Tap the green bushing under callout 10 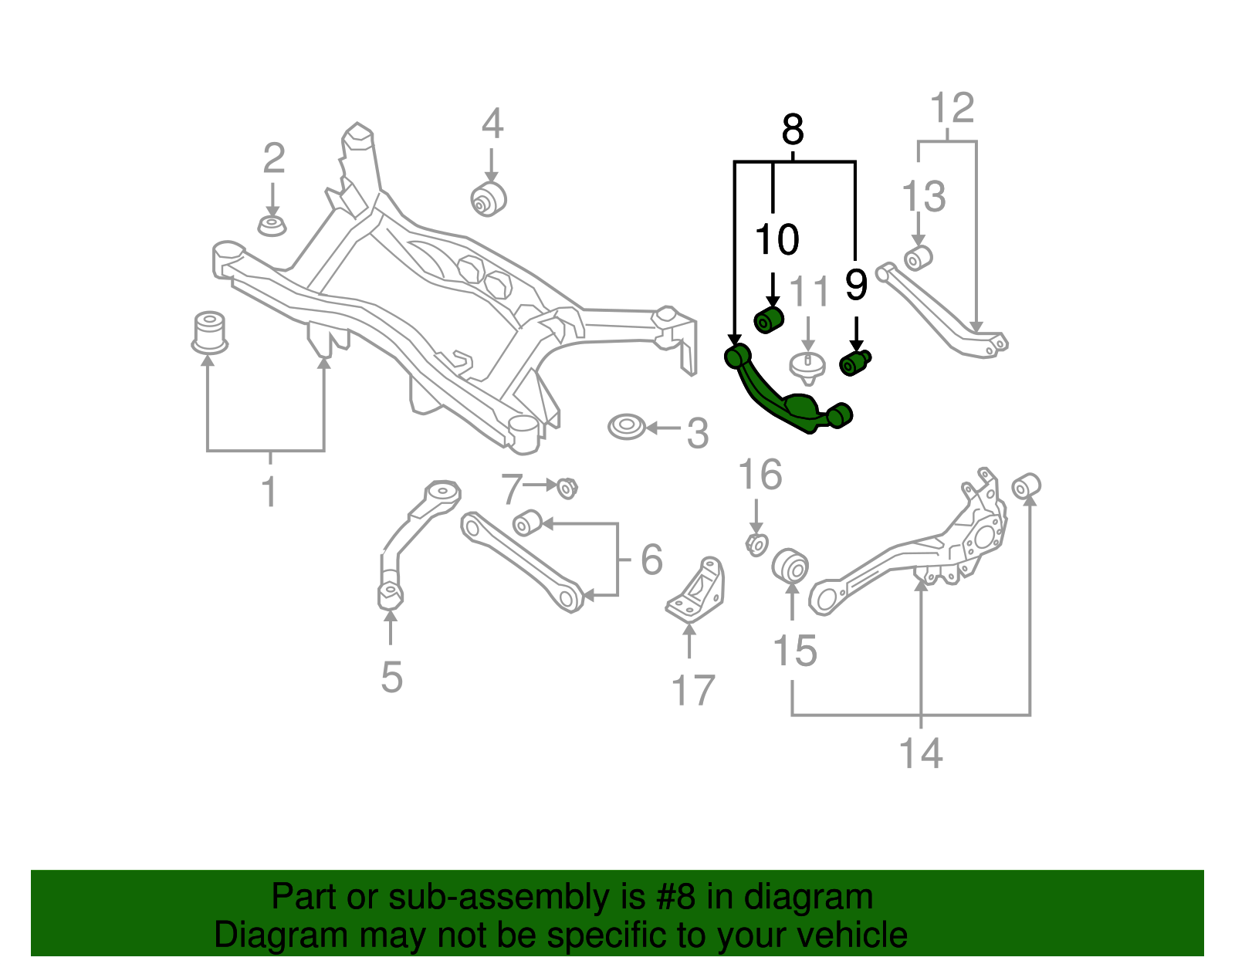click(x=768, y=319)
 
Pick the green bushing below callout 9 click(x=854, y=362)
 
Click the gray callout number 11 click(x=810, y=293)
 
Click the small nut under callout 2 click(x=272, y=226)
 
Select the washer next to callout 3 click(x=626, y=427)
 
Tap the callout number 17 click(x=693, y=690)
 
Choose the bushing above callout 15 click(x=790, y=567)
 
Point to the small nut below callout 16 click(x=756, y=544)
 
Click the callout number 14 click(x=921, y=753)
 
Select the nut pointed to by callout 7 click(x=567, y=488)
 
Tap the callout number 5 click(x=391, y=677)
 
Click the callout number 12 click(x=952, y=108)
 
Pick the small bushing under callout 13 click(x=918, y=258)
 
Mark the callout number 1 click(x=269, y=492)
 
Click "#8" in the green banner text click(x=675, y=898)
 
